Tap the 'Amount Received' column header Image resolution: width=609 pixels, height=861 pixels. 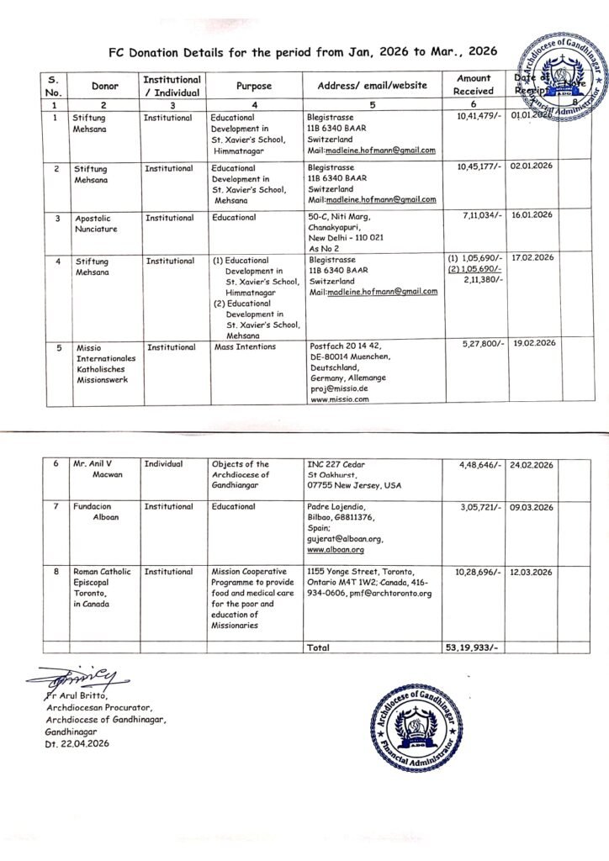pyautogui.click(x=474, y=85)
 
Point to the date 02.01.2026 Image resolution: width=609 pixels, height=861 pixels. pyautogui.click(x=531, y=167)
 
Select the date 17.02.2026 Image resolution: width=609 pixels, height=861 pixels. pyautogui.click(x=531, y=256)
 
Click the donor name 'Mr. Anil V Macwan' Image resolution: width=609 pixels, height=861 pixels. pyautogui.click(x=98, y=469)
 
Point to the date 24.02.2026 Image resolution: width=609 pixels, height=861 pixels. pyautogui.click(x=531, y=464)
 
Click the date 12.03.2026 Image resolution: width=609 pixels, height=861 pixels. pyautogui.click(x=531, y=572)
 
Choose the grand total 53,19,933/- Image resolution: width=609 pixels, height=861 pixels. pyautogui.click(x=473, y=649)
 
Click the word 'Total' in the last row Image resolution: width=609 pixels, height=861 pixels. pyautogui.click(x=319, y=648)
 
